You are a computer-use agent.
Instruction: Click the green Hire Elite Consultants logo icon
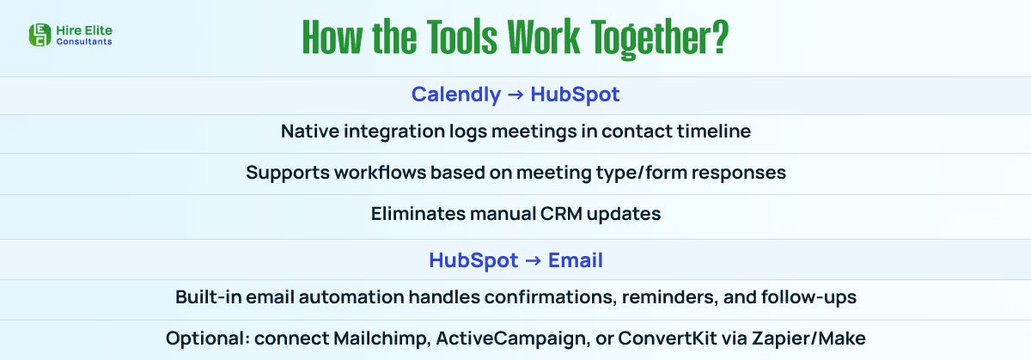[40, 34]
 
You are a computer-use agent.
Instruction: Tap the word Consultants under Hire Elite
[83, 41]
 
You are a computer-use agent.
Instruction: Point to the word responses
[740, 173]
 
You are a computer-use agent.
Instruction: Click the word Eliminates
[416, 214]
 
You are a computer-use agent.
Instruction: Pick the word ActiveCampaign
[497, 339]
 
